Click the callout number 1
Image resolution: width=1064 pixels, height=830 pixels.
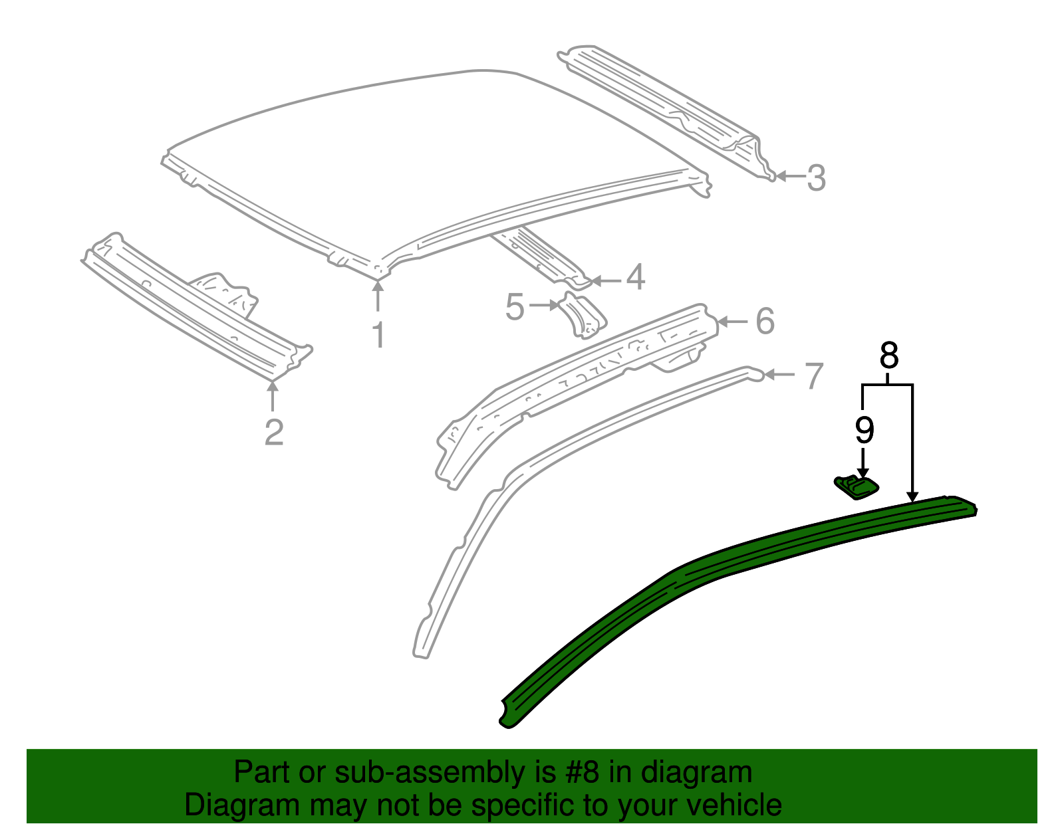click(x=378, y=335)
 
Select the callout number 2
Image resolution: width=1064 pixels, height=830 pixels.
click(x=273, y=433)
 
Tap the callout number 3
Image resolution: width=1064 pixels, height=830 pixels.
click(x=816, y=178)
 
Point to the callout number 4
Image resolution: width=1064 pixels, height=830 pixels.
click(x=636, y=277)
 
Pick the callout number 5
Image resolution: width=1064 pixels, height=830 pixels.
click(x=515, y=308)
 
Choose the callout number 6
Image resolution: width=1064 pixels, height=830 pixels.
click(x=765, y=321)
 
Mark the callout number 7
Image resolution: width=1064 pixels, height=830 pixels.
click(x=814, y=376)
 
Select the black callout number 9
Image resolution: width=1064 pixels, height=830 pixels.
click(x=863, y=430)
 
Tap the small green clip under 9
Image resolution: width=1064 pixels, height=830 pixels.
click(x=857, y=486)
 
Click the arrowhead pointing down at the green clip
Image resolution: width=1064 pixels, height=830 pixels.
click(x=863, y=471)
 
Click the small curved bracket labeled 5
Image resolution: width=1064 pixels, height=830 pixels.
click(x=583, y=316)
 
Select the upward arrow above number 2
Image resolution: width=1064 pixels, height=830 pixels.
click(x=272, y=396)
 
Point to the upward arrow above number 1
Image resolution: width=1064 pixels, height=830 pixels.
click(x=378, y=296)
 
